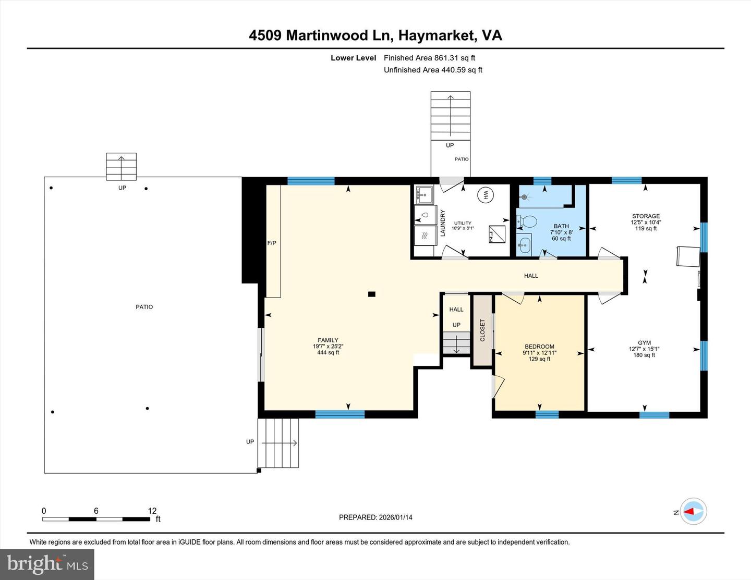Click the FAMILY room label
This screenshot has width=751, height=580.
328,340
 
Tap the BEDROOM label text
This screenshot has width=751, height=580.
539,347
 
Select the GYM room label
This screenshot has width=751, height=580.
644,343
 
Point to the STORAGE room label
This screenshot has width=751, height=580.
646,216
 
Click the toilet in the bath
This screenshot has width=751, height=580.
528,223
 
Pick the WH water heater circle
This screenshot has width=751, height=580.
484,195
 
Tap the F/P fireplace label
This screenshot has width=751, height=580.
272,243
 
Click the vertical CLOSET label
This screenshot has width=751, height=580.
482,330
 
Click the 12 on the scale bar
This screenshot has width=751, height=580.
152,511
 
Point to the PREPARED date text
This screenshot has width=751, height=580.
375,517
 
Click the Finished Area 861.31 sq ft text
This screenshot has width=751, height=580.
429,58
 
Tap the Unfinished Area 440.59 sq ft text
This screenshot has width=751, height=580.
433,70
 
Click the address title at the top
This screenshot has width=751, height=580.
375,35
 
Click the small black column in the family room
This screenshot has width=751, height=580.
371,294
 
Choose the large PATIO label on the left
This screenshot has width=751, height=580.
144,307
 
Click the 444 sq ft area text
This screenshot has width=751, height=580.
328,353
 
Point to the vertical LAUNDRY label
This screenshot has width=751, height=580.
443,223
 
